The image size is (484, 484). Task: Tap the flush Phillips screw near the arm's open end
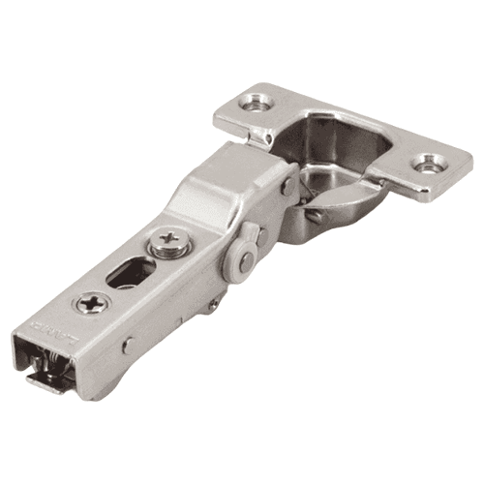[x=94, y=304]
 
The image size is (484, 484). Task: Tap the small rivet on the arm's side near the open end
[x=129, y=345]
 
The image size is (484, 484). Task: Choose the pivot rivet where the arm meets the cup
[x=287, y=187]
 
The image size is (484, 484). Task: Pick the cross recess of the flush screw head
[x=94, y=304]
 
